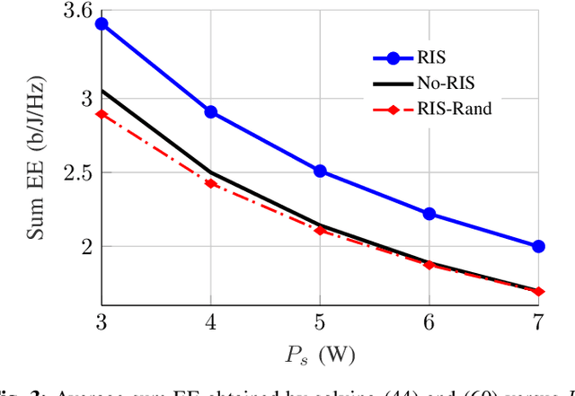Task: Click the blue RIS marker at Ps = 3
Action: pos(102,24)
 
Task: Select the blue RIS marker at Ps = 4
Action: pos(211,112)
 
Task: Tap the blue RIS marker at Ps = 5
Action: pos(320,171)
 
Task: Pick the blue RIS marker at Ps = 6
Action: pos(429,214)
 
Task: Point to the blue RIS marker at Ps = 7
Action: pos(538,246)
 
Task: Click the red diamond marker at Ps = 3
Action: pos(102,114)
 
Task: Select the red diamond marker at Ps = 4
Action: pos(211,183)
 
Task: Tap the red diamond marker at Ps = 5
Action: pos(320,230)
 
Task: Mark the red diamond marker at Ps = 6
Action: pos(429,265)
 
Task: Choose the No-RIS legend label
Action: pos(446,83)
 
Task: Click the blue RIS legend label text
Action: pos(430,57)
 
